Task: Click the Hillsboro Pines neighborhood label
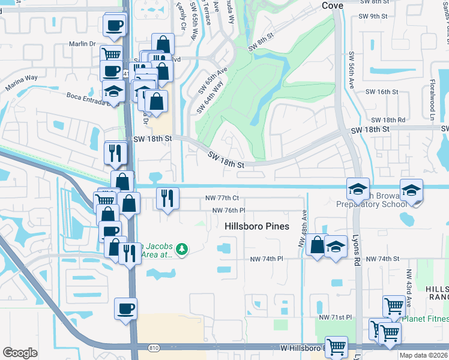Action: (x=257, y=226)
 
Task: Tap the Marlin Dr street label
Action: (x=83, y=43)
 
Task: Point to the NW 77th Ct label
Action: (x=221, y=197)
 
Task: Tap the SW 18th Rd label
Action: (x=388, y=120)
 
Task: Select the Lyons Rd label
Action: (x=356, y=249)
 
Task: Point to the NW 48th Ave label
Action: (x=304, y=229)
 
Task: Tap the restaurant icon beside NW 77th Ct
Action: (x=167, y=197)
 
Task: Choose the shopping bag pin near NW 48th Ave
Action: (x=316, y=245)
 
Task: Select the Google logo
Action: (x=20, y=353)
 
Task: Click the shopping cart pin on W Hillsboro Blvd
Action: (x=337, y=347)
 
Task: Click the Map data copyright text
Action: (x=423, y=355)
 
